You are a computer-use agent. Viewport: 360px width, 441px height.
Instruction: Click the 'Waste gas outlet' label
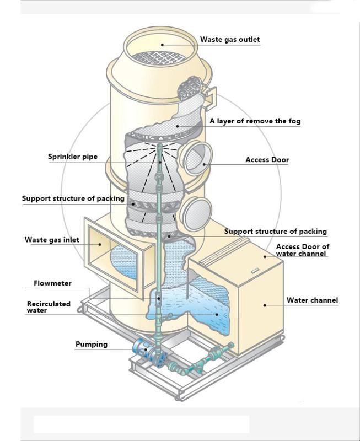[x=229, y=40]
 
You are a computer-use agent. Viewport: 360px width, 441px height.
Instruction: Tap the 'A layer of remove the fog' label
[x=255, y=121]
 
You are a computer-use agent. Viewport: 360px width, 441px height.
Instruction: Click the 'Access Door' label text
[x=267, y=160]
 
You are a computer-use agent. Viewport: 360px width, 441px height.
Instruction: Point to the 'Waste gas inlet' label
[x=52, y=240]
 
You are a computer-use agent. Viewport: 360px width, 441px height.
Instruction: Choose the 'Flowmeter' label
[x=52, y=283]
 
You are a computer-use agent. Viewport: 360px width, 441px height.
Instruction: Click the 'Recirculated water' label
[x=49, y=307]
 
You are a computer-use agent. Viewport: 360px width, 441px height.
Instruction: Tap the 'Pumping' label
[x=92, y=345]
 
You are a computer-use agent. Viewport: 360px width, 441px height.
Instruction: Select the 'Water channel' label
[x=312, y=300]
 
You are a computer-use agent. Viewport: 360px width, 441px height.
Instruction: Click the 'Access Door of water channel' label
[x=303, y=250]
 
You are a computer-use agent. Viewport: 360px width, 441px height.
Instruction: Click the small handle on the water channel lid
[x=255, y=271]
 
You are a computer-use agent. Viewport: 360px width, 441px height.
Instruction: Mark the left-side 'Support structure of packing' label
[x=73, y=198]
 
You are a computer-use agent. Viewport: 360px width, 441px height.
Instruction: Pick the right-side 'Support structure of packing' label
[x=275, y=232]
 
